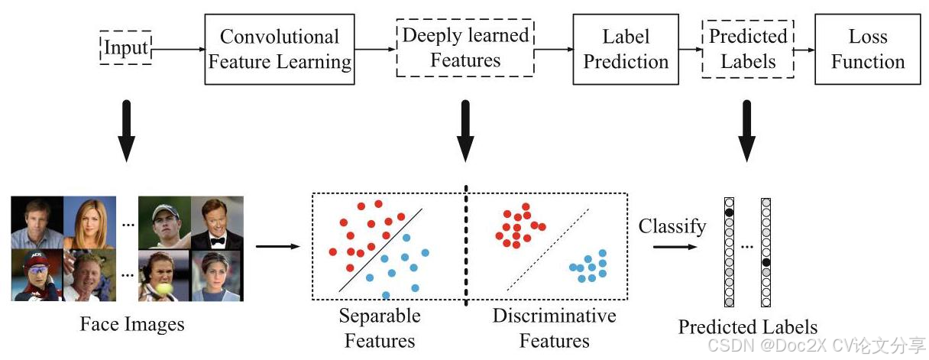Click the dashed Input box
[x=126, y=48]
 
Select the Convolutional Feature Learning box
[x=280, y=49]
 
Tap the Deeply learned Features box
[x=464, y=48]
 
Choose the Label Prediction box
[x=625, y=49]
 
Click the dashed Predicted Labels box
[x=748, y=48]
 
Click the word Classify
[x=672, y=226]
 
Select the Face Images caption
[x=132, y=324]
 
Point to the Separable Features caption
[x=380, y=327]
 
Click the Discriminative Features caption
[x=554, y=327]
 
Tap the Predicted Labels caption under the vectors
[x=747, y=327]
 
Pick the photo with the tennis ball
[x=163, y=275]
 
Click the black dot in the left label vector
[x=730, y=212]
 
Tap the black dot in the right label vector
[x=766, y=262]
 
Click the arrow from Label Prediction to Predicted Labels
[x=689, y=49]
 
